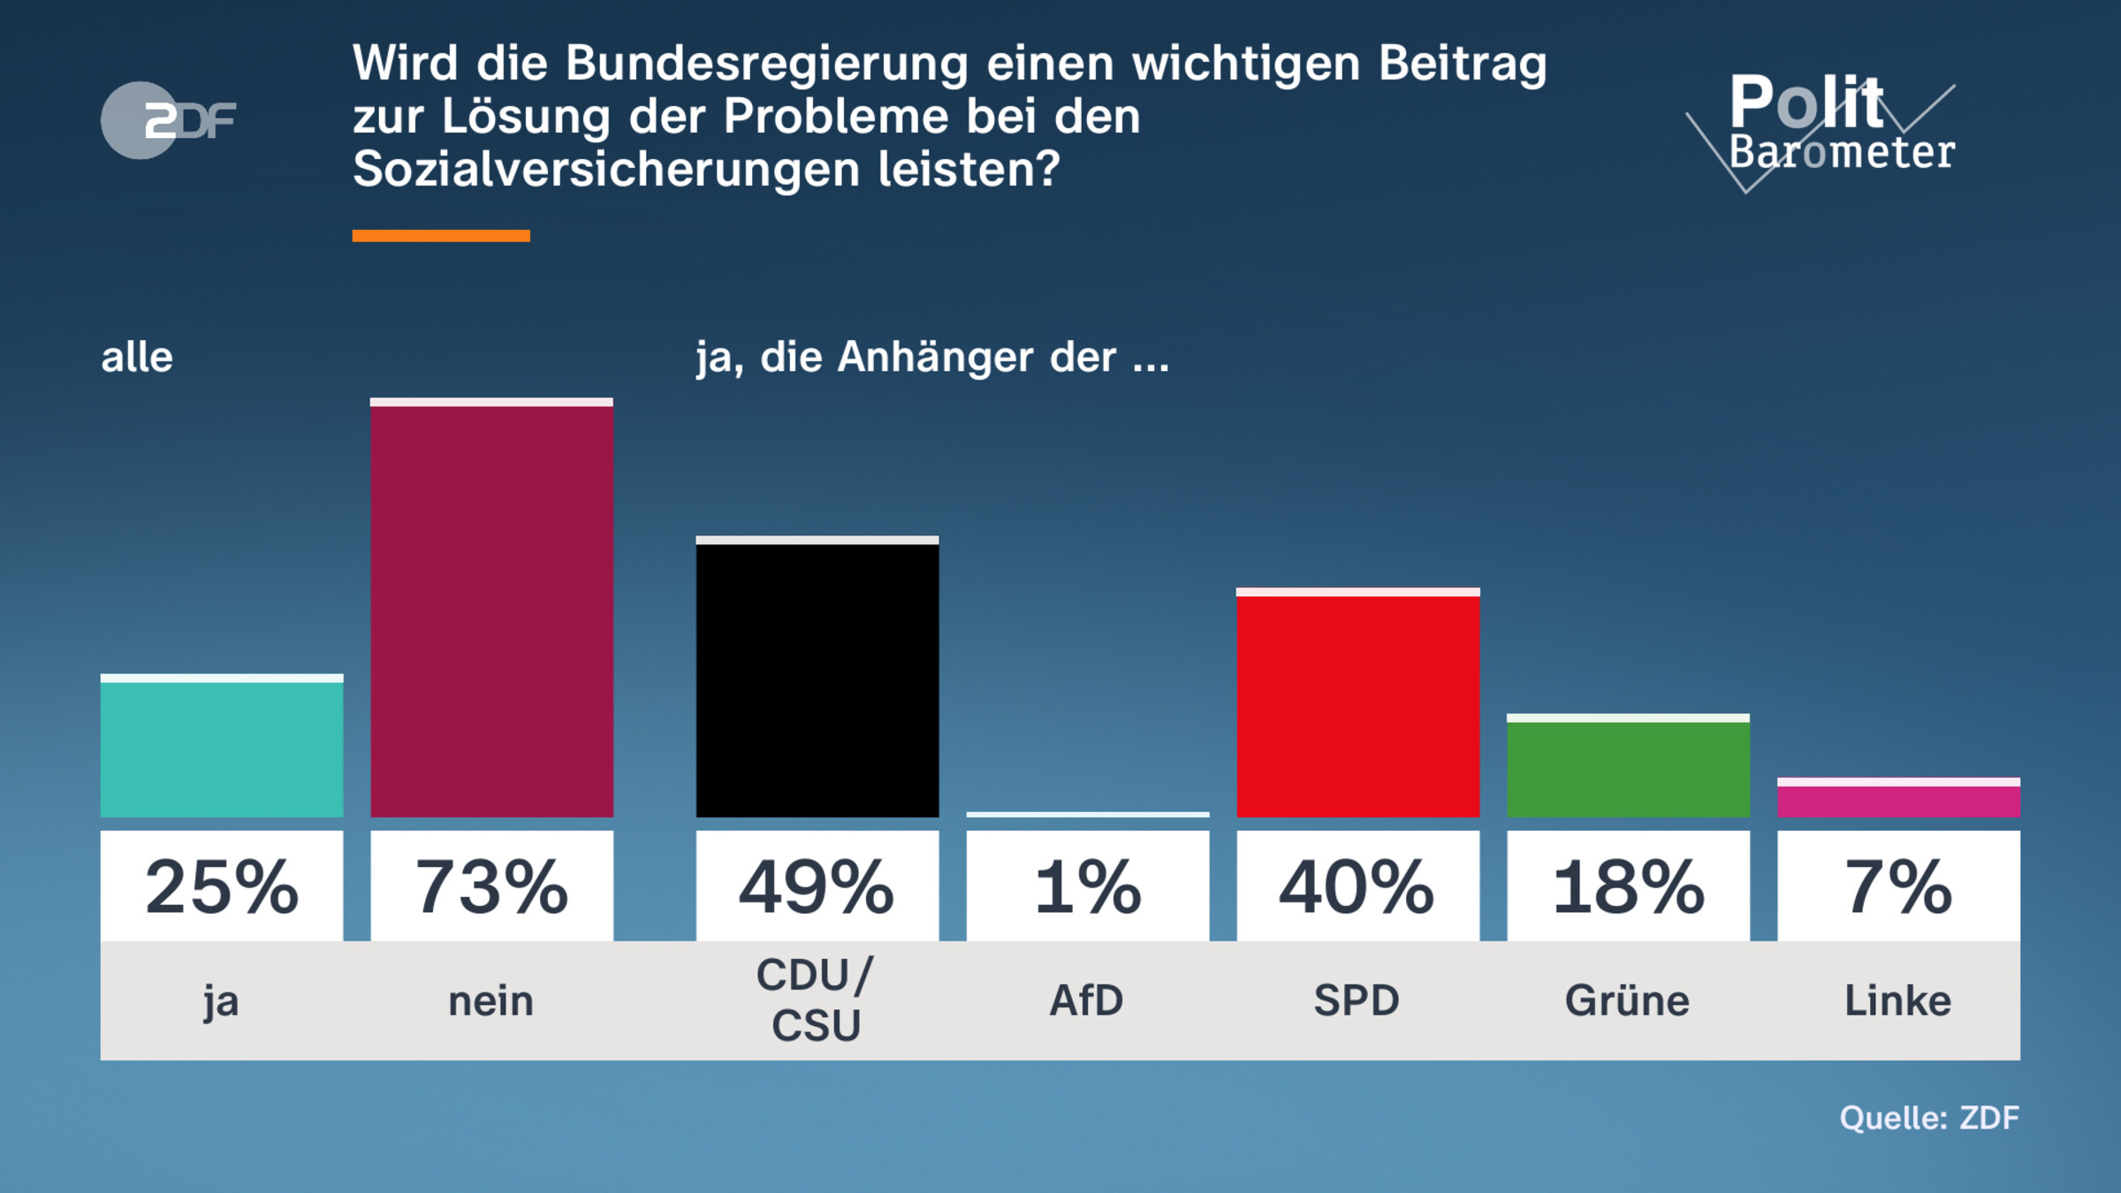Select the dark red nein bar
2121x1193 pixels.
coord(491,610)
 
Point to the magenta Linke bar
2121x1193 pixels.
coord(1898,799)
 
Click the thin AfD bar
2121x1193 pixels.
coord(1087,814)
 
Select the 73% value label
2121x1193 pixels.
coord(491,886)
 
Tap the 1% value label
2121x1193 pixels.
coord(1087,886)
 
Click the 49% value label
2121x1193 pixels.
coord(817,886)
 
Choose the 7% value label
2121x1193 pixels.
coord(1898,886)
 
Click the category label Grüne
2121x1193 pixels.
coord(1627,1001)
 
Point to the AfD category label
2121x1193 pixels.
coord(1086,1001)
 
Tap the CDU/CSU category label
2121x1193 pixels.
coord(816,1000)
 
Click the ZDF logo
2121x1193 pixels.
coord(169,120)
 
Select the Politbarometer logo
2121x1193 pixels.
coord(1825,128)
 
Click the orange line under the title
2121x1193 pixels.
coord(441,236)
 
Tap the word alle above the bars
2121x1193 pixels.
coord(137,358)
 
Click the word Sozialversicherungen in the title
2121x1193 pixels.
coord(606,169)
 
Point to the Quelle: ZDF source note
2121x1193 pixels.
coord(1929,1118)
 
